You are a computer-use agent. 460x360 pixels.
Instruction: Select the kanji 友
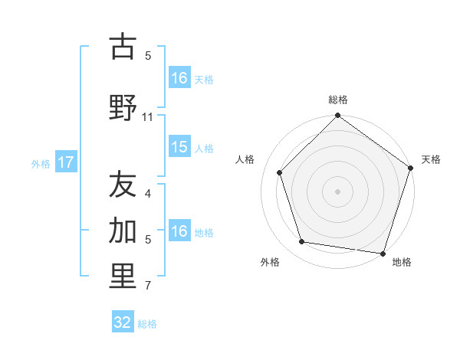123,184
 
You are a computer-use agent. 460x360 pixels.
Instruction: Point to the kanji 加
123,230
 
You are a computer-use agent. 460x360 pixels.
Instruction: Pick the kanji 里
123,277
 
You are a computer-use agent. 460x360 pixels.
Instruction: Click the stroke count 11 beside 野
148,117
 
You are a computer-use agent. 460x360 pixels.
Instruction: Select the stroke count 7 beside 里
148,287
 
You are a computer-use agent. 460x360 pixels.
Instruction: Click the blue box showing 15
179,147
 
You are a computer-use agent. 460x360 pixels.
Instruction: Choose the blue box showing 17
65,162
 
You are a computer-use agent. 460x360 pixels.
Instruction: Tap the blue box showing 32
123,322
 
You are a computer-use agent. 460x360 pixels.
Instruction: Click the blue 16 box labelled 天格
179,78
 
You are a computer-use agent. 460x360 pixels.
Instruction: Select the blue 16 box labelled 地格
179,232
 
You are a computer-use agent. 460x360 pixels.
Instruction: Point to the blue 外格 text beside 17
41,163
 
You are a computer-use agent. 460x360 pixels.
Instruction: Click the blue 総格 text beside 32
147,324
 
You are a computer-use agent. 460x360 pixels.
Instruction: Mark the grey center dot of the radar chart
337,191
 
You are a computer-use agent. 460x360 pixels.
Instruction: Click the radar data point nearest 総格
337,116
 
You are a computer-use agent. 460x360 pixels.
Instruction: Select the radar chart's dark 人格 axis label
245,159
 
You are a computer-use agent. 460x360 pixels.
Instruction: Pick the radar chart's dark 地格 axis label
402,262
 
